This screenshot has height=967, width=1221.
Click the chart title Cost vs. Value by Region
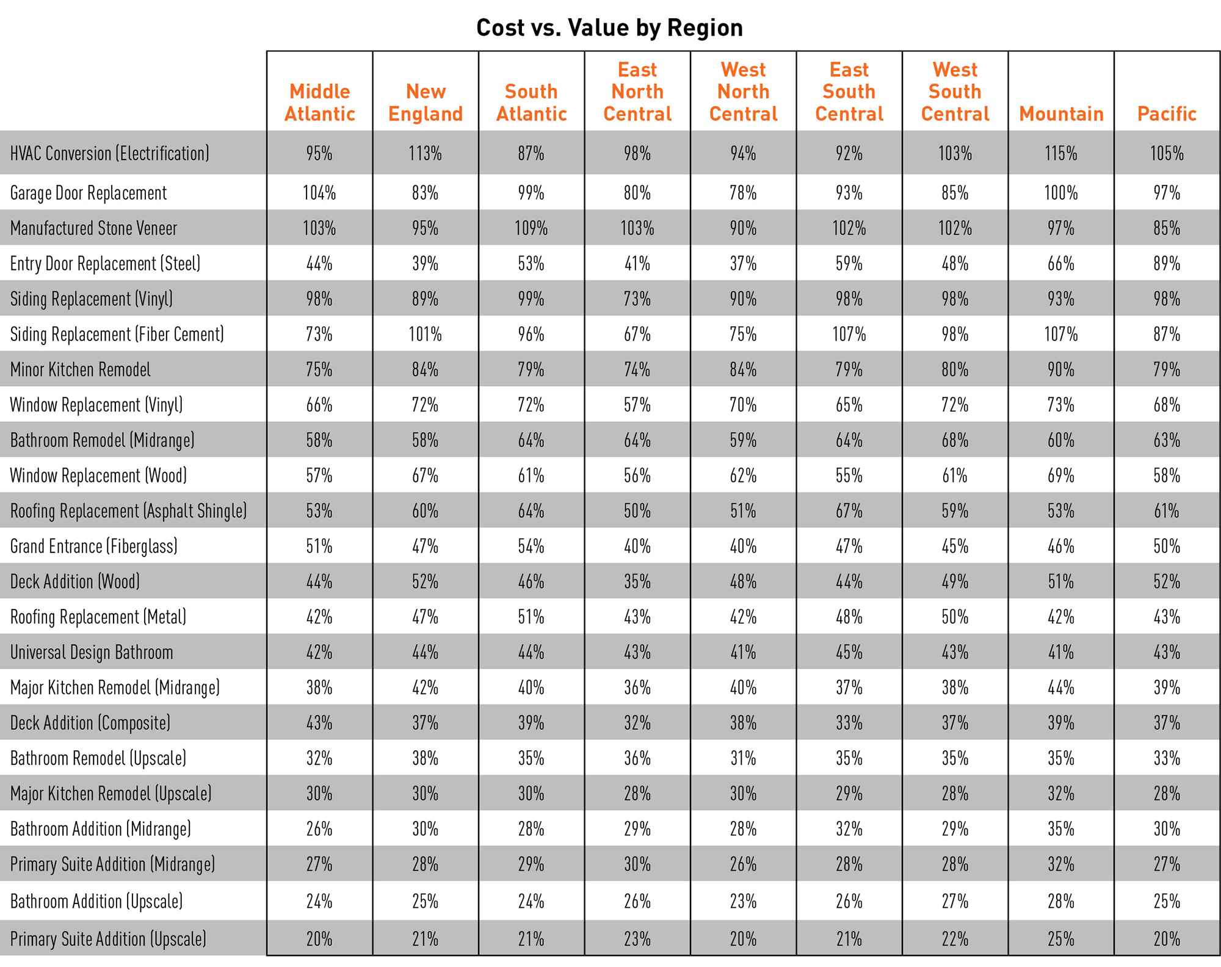(x=609, y=28)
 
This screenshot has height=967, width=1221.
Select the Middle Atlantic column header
(x=319, y=103)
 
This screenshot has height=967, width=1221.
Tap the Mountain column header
(x=1061, y=114)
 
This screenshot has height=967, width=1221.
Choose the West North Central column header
(x=743, y=92)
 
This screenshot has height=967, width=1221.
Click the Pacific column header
(x=1167, y=114)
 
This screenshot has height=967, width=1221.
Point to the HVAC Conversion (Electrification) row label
(x=110, y=153)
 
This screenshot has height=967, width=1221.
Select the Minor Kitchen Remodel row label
(x=81, y=370)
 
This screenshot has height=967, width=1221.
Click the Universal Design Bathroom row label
(x=92, y=652)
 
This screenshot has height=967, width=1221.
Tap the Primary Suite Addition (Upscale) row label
(x=108, y=938)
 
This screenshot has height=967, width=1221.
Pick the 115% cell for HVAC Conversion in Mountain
(x=1061, y=153)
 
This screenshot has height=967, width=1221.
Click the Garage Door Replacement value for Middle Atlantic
(x=319, y=193)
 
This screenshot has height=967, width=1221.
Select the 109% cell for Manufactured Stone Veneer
(x=531, y=228)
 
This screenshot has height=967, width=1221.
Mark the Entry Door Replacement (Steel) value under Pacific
(x=1167, y=264)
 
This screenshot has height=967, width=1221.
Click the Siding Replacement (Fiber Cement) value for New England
(x=425, y=335)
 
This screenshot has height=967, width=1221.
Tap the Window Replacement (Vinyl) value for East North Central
(x=637, y=405)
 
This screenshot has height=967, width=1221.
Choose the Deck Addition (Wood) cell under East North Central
(x=637, y=582)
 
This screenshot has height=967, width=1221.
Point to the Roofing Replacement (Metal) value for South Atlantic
(x=531, y=617)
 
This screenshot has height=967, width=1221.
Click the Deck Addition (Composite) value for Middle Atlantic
(x=319, y=723)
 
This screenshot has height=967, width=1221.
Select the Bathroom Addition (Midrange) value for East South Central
(x=849, y=829)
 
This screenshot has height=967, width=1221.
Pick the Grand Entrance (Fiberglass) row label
(x=94, y=546)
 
